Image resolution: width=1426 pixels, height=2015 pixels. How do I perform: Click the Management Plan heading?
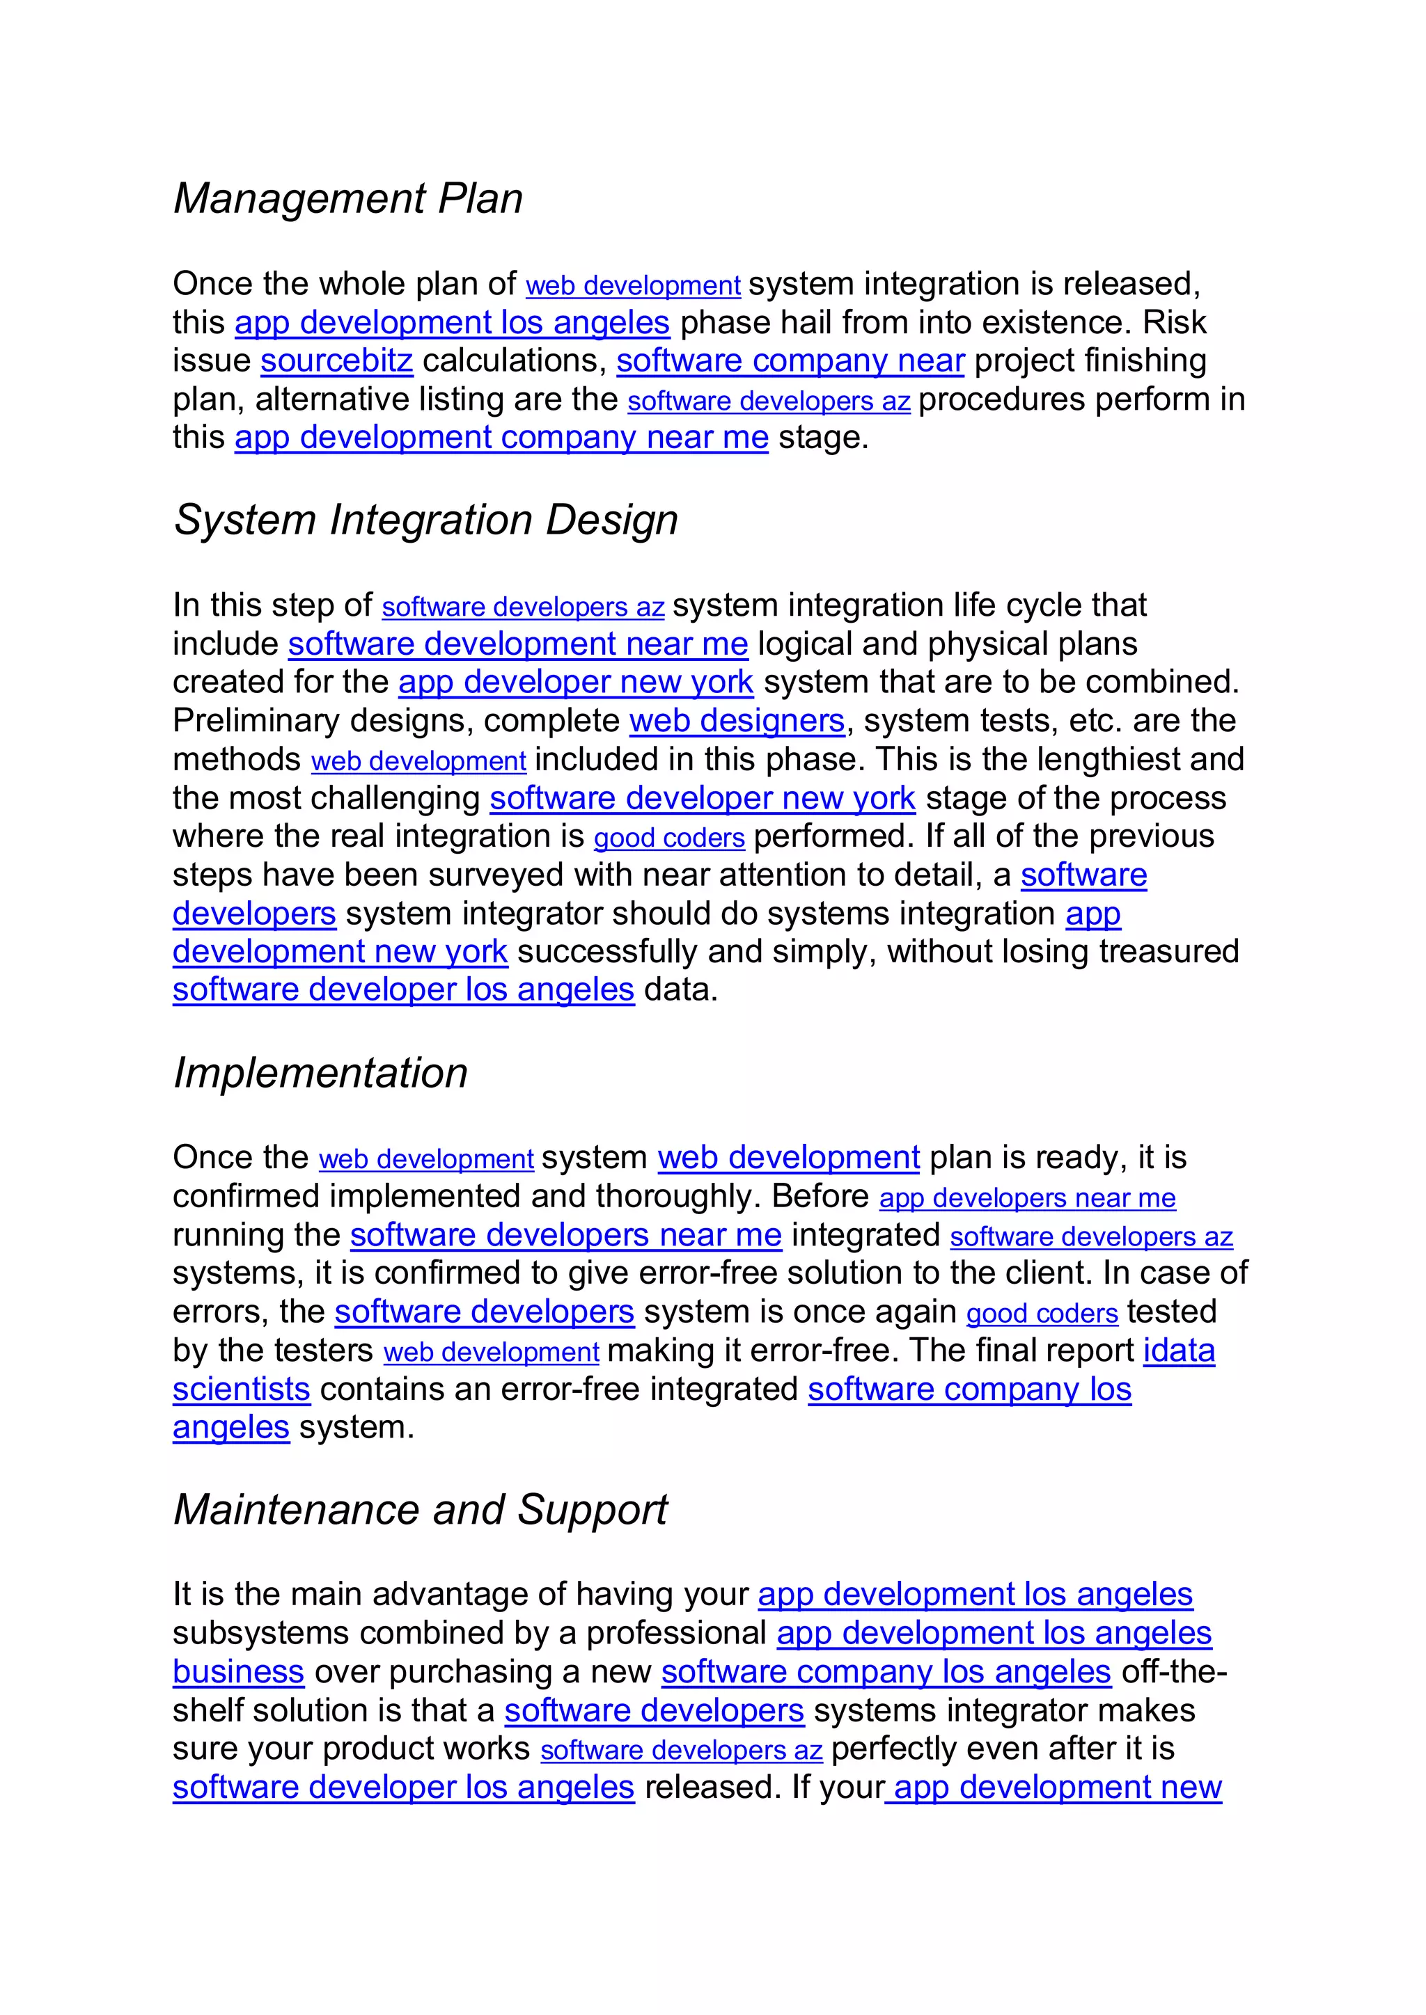coord(347,198)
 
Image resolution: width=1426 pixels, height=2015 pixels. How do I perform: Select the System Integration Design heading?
coord(426,520)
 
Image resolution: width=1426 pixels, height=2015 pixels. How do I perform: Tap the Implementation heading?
coord(320,1072)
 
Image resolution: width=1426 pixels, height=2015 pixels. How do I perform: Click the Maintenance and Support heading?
coord(420,1509)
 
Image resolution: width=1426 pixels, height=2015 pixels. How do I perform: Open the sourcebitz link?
coord(336,360)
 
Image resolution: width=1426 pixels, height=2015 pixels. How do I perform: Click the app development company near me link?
coord(501,437)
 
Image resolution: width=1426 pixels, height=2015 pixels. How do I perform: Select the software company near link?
coord(790,360)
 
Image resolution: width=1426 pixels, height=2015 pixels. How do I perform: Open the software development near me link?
coord(518,644)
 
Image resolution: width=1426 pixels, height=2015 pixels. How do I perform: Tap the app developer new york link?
coord(575,682)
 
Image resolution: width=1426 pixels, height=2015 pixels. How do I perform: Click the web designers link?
coord(737,721)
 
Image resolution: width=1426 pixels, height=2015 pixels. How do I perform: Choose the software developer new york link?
coord(703,798)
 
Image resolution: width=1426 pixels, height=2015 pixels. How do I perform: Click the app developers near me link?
coord(1027,1198)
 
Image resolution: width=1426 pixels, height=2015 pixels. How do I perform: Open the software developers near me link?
coord(565,1235)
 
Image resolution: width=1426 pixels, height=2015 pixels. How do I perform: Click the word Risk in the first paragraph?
coord(1174,322)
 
